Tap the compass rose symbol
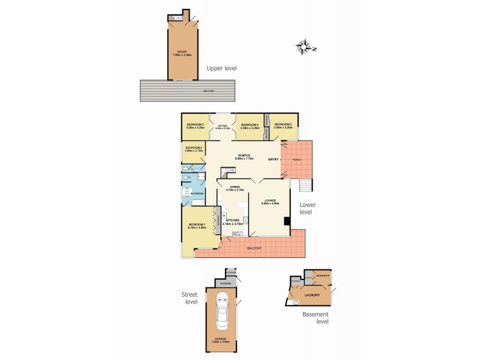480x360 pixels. [306, 47]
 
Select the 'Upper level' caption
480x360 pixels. [221, 68]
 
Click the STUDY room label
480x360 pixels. [181, 53]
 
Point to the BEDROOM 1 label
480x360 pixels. [197, 226]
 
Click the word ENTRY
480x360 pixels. [274, 159]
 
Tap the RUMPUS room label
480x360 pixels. [243, 157]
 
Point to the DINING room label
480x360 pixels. [235, 188]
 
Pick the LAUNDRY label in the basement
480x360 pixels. [312, 295]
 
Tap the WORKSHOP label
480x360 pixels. [323, 275]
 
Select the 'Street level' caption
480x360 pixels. [190, 298]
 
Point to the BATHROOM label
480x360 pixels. [197, 194]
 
